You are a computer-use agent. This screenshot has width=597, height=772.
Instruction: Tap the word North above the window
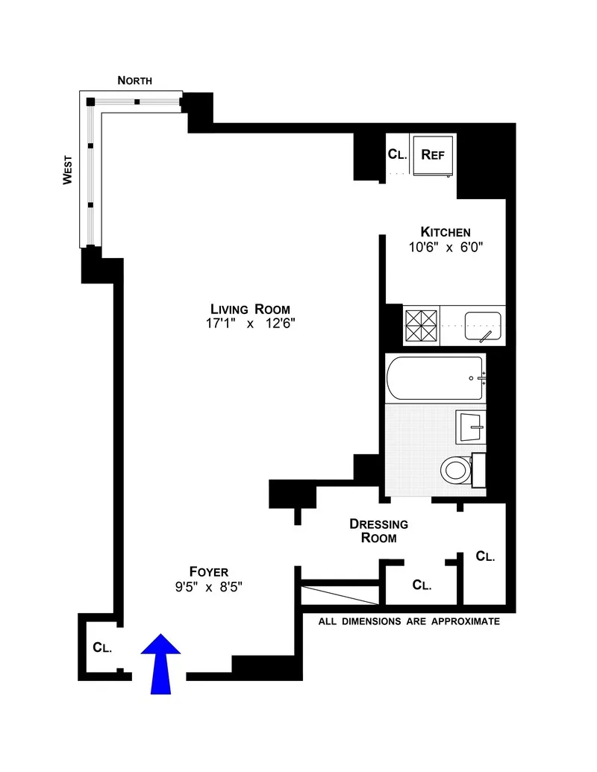point(135,81)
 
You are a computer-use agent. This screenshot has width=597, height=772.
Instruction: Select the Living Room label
point(249,309)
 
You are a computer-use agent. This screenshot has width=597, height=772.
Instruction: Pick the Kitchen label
point(445,231)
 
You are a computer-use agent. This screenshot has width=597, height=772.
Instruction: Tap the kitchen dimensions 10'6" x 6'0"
point(445,247)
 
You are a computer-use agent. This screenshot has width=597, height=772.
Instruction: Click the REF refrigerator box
point(433,155)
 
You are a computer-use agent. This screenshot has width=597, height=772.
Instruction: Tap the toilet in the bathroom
point(456,470)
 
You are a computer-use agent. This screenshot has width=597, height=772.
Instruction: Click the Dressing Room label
point(378,530)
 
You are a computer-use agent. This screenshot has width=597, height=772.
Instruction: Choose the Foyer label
point(208,571)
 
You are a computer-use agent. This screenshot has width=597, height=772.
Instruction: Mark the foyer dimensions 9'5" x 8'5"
point(208,586)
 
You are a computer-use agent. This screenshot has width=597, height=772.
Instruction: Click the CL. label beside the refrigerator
point(395,154)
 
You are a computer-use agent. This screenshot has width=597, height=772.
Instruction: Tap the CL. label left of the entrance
point(102,647)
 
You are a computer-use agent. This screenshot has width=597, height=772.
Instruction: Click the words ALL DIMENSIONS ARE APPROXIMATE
point(409,621)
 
